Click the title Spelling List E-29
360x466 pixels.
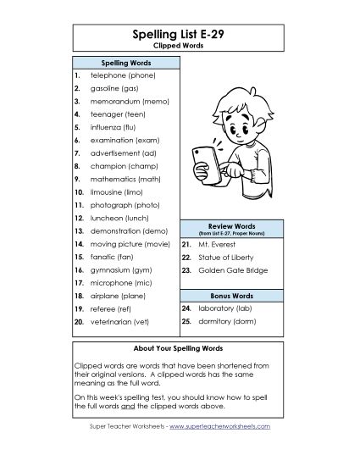click(180, 33)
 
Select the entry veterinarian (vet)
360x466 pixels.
click(125, 322)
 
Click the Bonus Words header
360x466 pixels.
click(231, 294)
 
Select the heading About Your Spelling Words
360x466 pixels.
click(180, 348)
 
